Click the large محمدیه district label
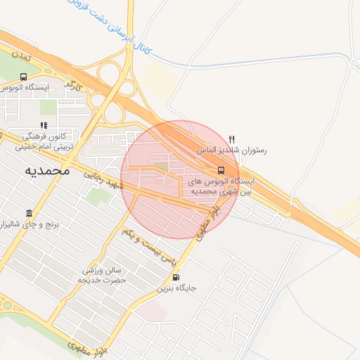[47, 171]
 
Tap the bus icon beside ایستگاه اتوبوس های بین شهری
[221, 169]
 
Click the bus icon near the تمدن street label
[24, 77]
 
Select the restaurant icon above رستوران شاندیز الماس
[232, 139]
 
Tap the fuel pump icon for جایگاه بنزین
[175, 277]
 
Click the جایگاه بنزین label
[176, 288]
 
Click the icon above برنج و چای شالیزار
[30, 213]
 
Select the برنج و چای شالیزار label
[31, 224]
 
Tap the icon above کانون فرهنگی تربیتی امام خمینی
[44, 125]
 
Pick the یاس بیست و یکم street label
[148, 245]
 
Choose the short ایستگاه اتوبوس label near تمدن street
[25, 88]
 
